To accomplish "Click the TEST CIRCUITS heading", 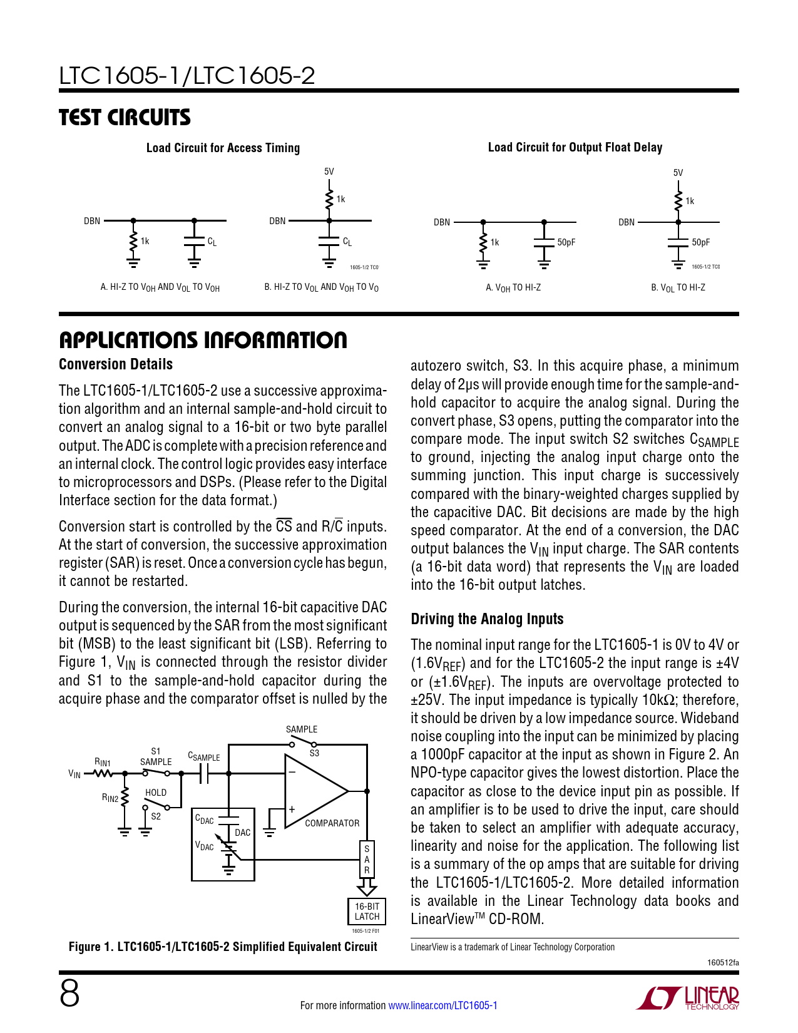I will point(125,118).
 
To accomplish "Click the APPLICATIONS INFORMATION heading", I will point(203,340).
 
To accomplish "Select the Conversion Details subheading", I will point(116,364).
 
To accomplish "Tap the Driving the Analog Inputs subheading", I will point(487,619).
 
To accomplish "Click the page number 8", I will point(69,994).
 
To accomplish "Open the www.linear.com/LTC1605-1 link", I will point(442,1005).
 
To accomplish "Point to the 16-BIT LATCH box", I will point(367,912).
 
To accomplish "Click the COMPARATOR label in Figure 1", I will point(332,823).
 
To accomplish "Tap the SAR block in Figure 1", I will point(367,860).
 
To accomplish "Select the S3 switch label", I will point(314,753).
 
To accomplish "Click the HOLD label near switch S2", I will point(156,793).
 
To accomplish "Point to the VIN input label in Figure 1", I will point(74,774).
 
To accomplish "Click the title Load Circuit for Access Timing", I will point(223,148).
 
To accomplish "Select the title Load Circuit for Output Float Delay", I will point(575,147).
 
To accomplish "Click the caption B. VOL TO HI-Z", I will point(678,288).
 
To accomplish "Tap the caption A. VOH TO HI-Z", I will point(513,288).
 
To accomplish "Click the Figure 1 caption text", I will point(223,947).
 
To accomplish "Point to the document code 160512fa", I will point(722,962).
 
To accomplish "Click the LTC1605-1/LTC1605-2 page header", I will point(187,76).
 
